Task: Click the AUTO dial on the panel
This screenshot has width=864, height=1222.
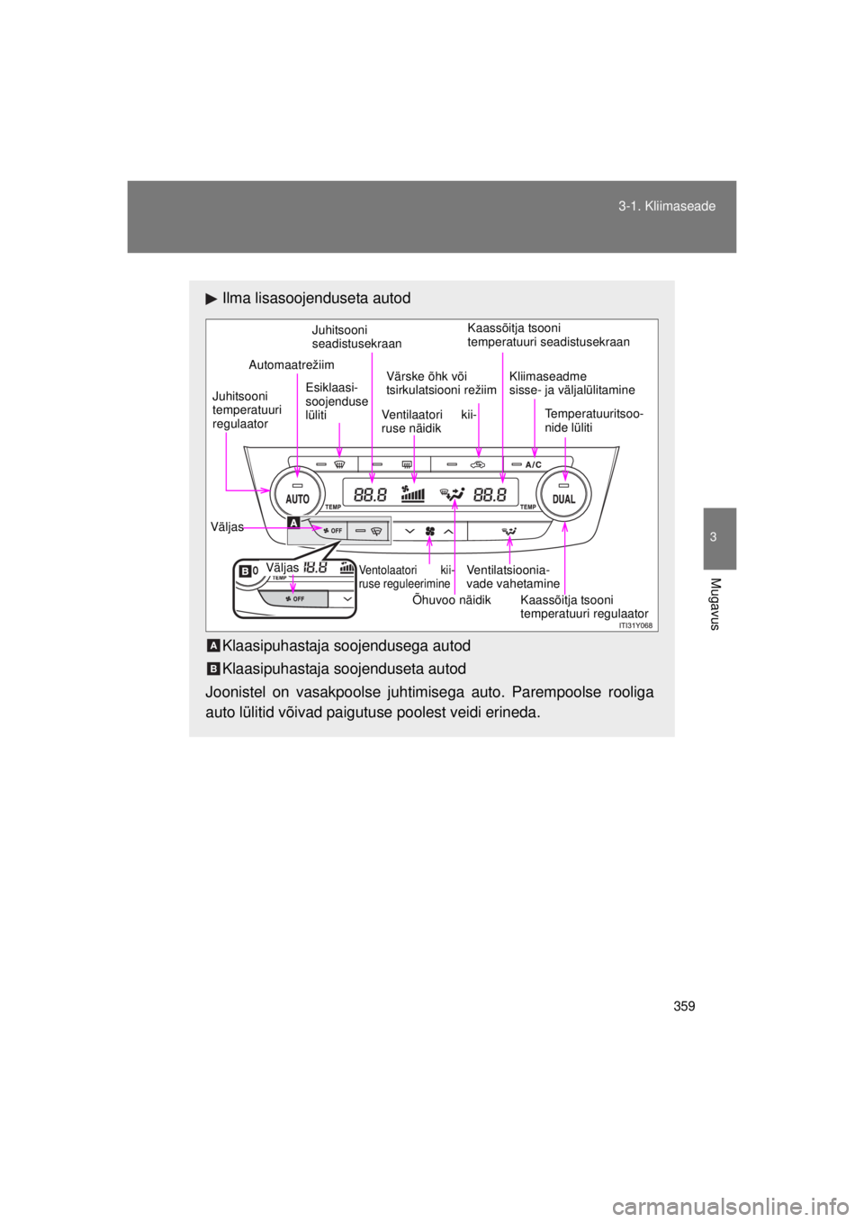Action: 297,494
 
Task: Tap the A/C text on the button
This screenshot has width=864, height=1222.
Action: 534,465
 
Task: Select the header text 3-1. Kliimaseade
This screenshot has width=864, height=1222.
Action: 667,206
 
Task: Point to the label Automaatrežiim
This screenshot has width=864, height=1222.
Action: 292,364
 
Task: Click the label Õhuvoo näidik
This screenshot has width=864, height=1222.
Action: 452,600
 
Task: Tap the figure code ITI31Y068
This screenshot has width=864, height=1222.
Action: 635,625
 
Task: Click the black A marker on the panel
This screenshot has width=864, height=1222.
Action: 294,523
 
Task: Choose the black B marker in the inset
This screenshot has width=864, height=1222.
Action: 245,571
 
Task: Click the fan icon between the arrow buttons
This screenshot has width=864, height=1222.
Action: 430,531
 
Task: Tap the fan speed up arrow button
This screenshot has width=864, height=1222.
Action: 448,531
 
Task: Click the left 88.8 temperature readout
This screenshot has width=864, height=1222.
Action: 370,495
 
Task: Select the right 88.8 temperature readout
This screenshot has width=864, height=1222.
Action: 490,495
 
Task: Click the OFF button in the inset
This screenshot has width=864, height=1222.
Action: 294,598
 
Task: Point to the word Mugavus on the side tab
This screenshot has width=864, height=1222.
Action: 715,604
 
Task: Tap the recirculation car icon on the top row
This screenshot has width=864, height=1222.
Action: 477,465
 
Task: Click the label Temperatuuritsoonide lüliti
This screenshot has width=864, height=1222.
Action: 593,420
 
